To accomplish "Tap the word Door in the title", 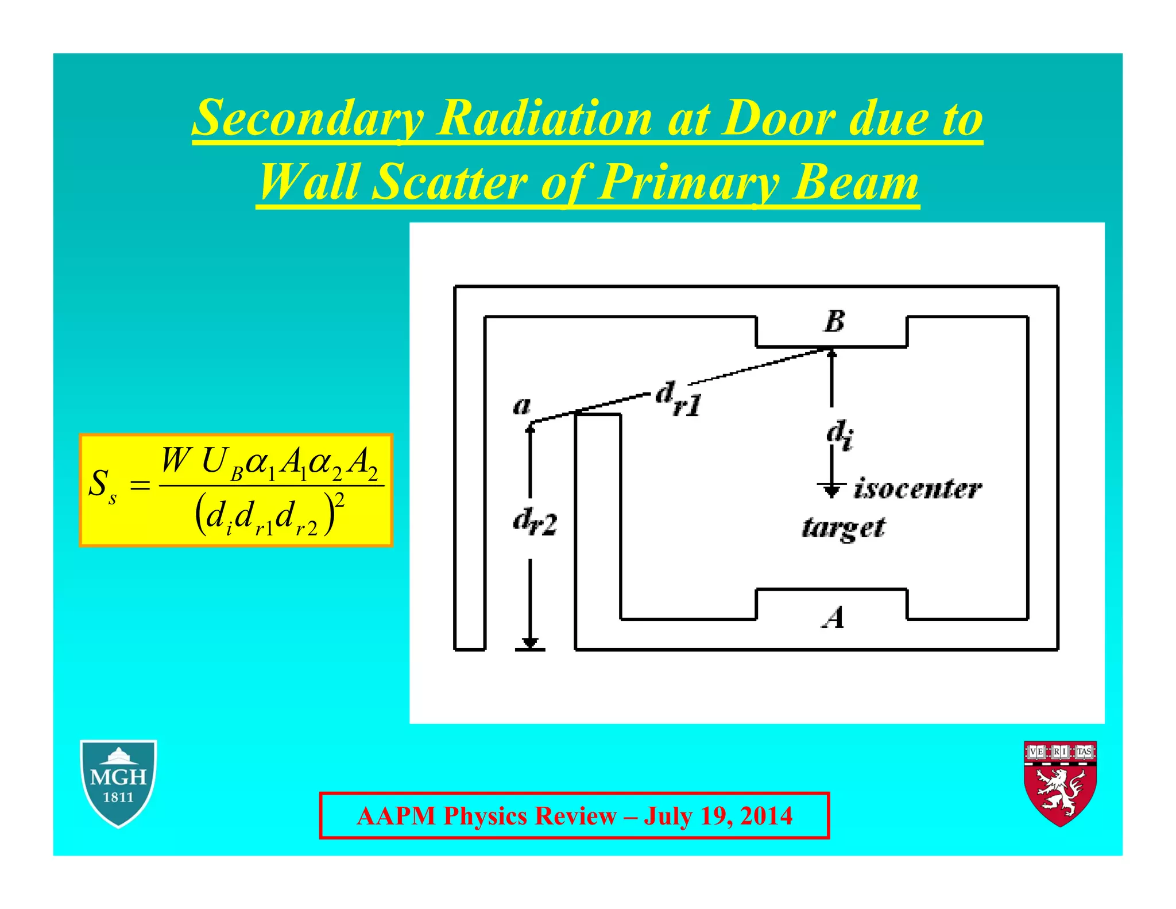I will click(x=777, y=119).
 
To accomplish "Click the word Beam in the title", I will click(x=856, y=183).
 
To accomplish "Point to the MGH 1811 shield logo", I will click(x=118, y=783).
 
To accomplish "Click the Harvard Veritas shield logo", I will click(x=1061, y=783).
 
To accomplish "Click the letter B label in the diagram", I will click(x=834, y=321).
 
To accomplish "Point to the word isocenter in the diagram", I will click(x=918, y=489).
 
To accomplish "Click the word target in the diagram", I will click(x=843, y=527).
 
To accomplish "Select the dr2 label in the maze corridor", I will click(x=535, y=523).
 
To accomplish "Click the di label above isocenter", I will click(x=840, y=434).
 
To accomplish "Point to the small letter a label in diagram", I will click(x=521, y=406).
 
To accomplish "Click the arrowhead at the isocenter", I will click(x=831, y=491).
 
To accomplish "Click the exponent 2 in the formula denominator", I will click(x=339, y=500).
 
